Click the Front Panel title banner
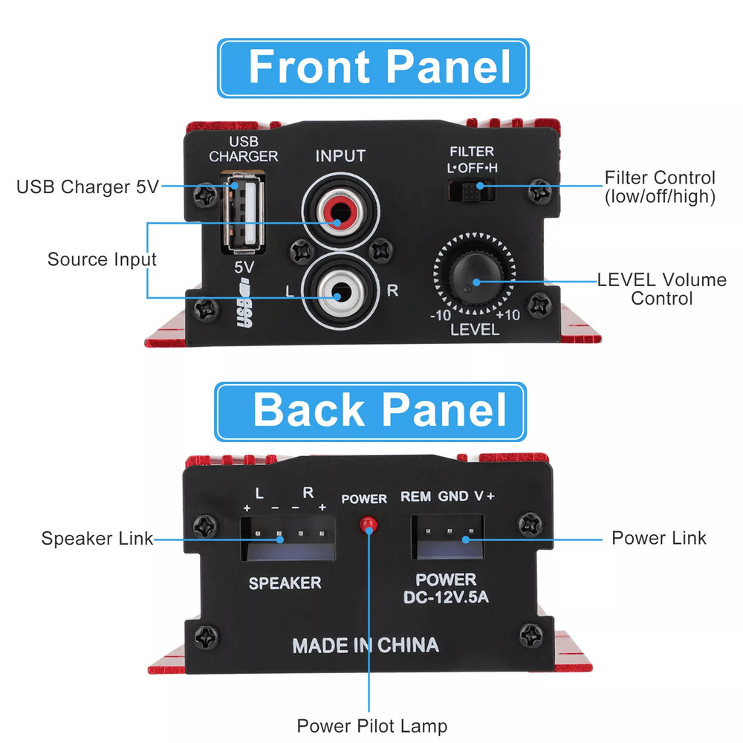coord(373,68)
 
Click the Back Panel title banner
coord(371,412)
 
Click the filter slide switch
coord(472,191)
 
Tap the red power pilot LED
coord(366,525)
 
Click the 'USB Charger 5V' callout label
coord(88,186)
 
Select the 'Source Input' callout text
coord(102,259)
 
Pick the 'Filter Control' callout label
coord(660,187)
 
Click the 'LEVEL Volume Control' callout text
coord(652,289)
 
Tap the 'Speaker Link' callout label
coord(97,539)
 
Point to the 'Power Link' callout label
coord(658,537)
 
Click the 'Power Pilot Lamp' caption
coord(372,725)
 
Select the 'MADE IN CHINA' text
coord(366,645)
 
